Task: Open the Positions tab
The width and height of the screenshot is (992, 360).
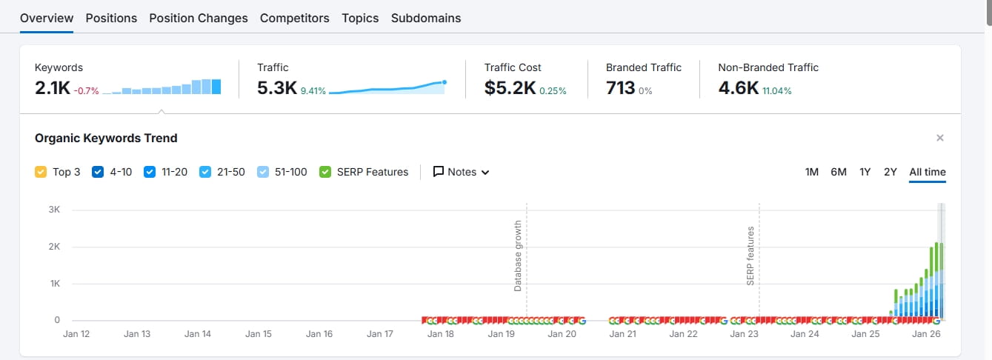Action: [111, 18]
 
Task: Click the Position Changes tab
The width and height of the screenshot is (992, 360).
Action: [199, 18]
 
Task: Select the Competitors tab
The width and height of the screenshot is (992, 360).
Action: [294, 18]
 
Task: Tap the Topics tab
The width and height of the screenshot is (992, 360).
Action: [360, 18]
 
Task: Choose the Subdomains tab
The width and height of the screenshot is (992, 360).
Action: [426, 18]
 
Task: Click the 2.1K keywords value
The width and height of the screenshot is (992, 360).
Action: [52, 88]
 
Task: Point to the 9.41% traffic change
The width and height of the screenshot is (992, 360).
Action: [313, 91]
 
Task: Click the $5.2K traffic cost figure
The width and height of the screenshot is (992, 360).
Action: [510, 88]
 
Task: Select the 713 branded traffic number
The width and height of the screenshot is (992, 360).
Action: [620, 88]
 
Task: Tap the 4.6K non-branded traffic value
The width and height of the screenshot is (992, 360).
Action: [738, 88]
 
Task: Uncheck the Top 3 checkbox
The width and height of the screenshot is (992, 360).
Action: [41, 172]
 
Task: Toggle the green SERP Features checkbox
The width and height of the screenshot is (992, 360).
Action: [325, 172]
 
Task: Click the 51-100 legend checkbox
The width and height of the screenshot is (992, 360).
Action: [263, 172]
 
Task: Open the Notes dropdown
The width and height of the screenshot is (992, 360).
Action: [462, 172]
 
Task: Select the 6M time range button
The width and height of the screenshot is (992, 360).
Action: [839, 172]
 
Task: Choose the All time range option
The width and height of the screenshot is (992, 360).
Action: [928, 172]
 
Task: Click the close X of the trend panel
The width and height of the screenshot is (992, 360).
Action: [940, 138]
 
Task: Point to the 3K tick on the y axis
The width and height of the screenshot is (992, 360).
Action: [55, 210]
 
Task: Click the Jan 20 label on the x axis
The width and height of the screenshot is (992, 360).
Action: [562, 334]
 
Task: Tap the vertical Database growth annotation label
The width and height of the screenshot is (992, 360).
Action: [518, 256]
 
